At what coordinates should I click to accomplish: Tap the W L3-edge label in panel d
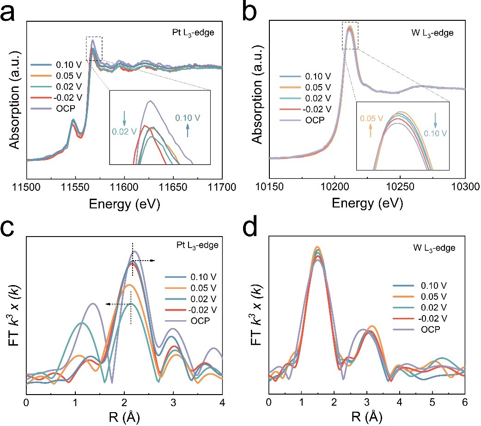pos(436,248)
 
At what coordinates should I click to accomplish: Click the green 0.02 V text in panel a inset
pos(124,131)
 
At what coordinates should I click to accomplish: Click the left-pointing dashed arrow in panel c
pos(117,304)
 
